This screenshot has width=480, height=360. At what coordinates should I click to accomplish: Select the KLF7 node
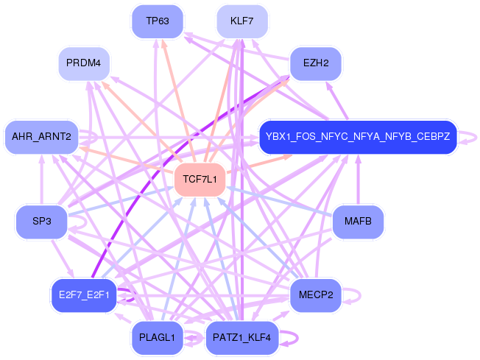pos(242,21)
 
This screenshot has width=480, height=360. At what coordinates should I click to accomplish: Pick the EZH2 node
pos(315,63)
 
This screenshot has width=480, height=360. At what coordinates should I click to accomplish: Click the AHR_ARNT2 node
pos(42,136)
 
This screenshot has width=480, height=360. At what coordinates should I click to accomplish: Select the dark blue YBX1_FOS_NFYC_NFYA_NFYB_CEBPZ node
pos(359,136)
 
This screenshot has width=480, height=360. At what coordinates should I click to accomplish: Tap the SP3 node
pos(41,222)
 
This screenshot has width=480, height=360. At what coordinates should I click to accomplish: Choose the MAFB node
pos(358,222)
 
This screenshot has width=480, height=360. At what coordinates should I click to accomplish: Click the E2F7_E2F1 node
pos(83,295)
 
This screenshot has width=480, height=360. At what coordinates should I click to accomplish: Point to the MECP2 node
pos(316,295)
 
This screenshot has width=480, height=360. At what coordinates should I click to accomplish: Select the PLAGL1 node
pos(157,338)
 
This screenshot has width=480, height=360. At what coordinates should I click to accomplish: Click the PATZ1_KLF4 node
pos(241,338)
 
